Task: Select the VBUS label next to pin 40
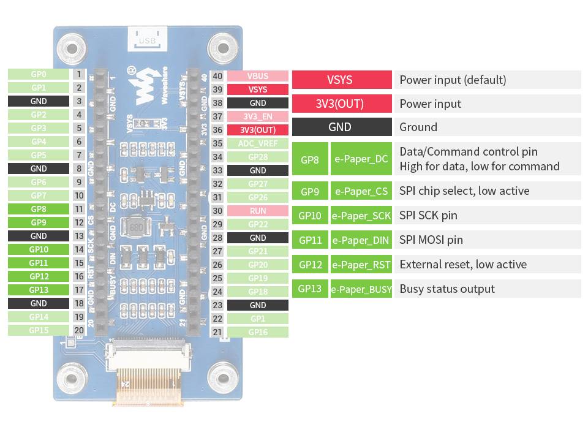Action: point(257,77)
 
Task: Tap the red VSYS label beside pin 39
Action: point(257,89)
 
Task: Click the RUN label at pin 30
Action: point(257,211)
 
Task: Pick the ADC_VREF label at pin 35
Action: point(257,143)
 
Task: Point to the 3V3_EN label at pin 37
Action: point(257,116)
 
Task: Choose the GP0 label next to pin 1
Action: point(38,74)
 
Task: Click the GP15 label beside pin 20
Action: point(38,330)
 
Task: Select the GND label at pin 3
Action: point(38,101)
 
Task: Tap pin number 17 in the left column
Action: point(79,290)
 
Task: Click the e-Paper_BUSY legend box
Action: point(361,289)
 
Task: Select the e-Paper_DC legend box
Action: point(361,159)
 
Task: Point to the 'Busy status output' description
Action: point(447,289)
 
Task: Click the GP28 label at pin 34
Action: point(257,157)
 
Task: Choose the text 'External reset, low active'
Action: point(462,264)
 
